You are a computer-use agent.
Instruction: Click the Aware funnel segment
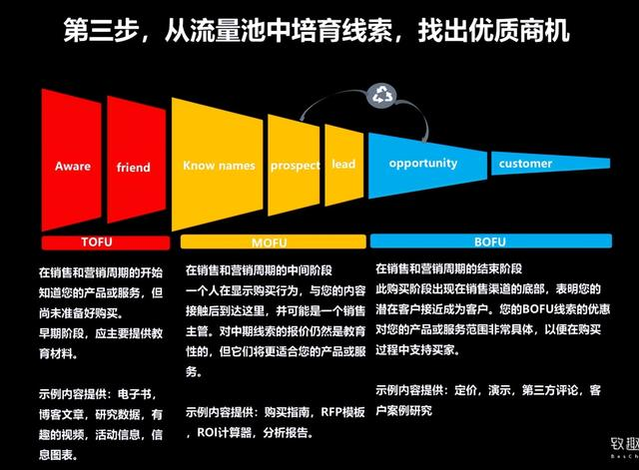tap(73, 166)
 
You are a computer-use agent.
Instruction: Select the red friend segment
tap(134, 166)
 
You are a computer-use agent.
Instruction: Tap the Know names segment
tap(218, 165)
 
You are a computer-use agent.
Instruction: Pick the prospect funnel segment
tap(295, 165)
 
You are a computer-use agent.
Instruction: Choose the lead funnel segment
tap(342, 164)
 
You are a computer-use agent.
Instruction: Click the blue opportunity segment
tap(423, 163)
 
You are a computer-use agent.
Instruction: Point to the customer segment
tap(525, 164)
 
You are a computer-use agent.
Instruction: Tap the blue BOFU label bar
tap(488, 241)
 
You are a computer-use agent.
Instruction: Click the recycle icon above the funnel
tap(383, 96)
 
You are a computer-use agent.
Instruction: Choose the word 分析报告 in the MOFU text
tap(302, 434)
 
